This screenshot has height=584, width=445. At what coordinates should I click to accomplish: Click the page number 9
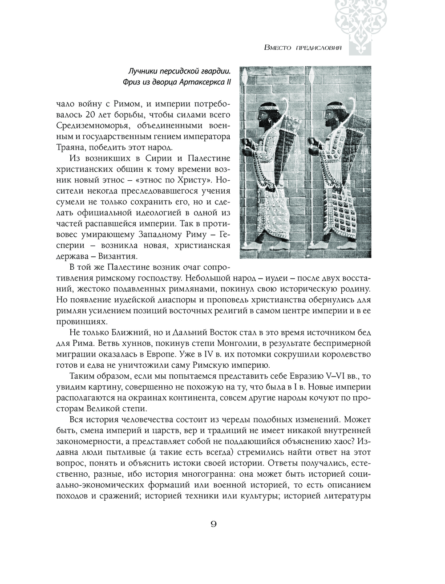point(213,524)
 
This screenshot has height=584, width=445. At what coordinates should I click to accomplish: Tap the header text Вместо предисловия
point(303,48)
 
